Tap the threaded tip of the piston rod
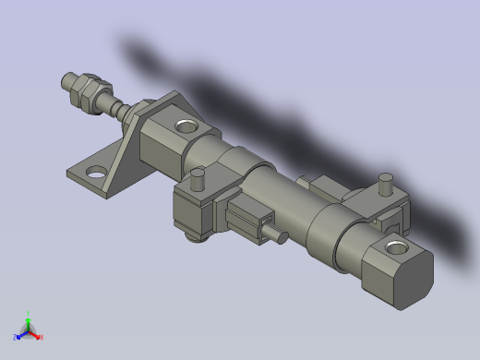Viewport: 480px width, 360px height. tap(66, 82)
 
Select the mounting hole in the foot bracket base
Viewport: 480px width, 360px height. tap(96, 171)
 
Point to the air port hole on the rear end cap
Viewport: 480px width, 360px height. tap(397, 246)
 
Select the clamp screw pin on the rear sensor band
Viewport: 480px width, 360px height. tap(387, 183)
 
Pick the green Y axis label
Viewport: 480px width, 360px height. tap(29, 314)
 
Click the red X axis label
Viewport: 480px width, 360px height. tap(42, 337)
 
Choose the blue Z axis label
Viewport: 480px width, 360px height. tap(16, 337)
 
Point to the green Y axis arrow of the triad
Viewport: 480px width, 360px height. tap(29, 323)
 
